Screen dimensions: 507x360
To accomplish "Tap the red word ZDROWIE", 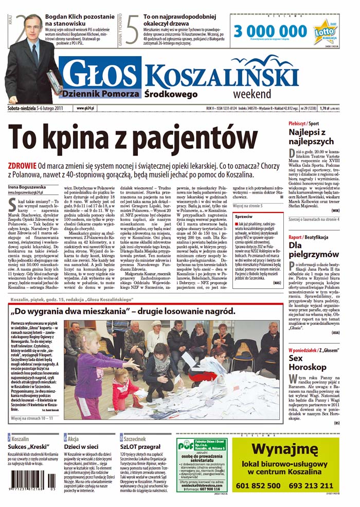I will pyautogui.click(x=22, y=166).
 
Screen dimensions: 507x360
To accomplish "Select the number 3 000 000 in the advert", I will pyautogui.click(x=271, y=30).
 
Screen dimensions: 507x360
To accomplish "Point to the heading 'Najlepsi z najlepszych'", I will pyautogui.click(x=311, y=137).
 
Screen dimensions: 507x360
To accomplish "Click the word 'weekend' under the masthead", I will pyautogui.click(x=251, y=94).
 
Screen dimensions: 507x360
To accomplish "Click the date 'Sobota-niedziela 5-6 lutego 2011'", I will pyautogui.click(x=35, y=109).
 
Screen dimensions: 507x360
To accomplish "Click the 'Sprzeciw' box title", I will pyautogui.click(x=243, y=217).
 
